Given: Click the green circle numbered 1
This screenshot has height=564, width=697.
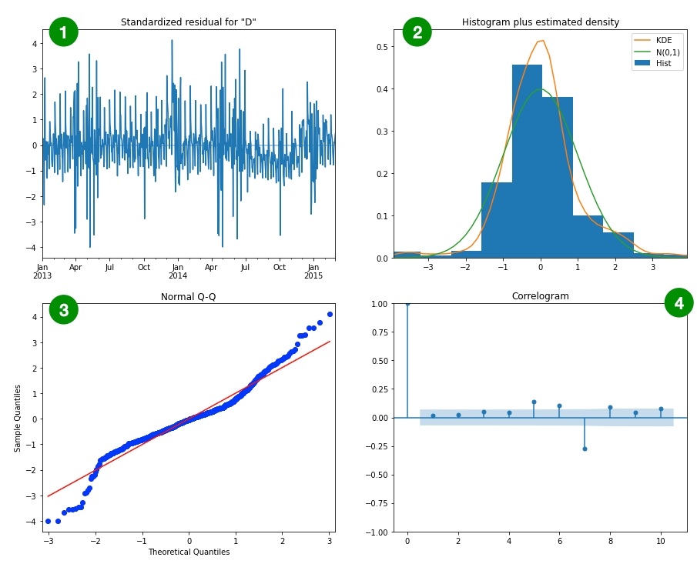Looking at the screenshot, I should (x=63, y=32).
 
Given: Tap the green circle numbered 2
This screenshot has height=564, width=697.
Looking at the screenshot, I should (x=417, y=32).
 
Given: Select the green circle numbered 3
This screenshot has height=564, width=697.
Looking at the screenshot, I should (x=63, y=310).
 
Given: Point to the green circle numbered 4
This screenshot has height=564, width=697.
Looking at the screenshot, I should (x=679, y=303).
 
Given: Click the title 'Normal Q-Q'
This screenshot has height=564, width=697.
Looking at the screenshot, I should (x=188, y=297).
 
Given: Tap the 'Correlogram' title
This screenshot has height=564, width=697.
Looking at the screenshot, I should (x=540, y=296).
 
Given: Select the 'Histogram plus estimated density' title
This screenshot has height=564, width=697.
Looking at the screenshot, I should (x=540, y=22).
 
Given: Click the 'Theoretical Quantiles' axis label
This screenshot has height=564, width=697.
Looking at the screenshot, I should (x=188, y=552).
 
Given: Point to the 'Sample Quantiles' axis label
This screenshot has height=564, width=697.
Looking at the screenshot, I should (x=17, y=419).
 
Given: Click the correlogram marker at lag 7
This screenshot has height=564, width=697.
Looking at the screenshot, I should (x=585, y=449).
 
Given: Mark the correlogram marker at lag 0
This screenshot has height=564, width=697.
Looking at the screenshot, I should (x=407, y=303).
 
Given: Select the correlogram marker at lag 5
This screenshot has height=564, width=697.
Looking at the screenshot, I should (x=534, y=402).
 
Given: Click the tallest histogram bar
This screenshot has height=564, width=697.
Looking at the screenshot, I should (x=527, y=162).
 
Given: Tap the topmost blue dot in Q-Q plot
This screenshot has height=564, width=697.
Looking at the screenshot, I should (x=330, y=314).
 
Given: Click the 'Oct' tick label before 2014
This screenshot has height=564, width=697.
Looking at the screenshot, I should (x=144, y=267).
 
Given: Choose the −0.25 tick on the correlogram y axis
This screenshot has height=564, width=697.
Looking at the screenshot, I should (x=377, y=475).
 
